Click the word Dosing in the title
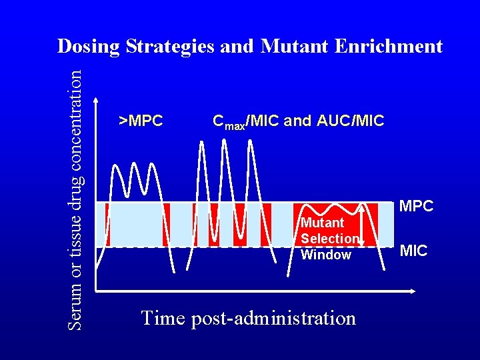tap(89, 46)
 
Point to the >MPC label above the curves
tap(141, 121)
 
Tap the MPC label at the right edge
tap(416, 207)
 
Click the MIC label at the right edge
tap(413, 251)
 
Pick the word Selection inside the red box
tap(330, 239)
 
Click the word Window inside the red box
tap(326, 255)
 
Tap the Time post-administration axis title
tap(248, 318)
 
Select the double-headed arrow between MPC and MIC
tap(361, 225)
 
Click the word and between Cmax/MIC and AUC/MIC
tap(297, 121)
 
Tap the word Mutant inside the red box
tap(323, 223)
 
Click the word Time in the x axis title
tap(163, 318)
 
